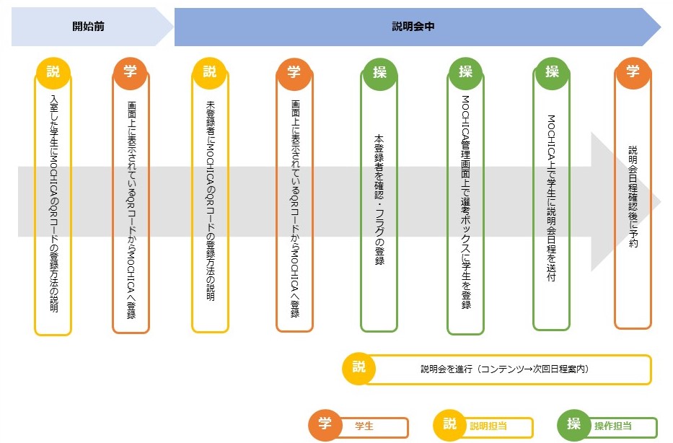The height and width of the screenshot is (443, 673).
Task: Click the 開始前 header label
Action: (x=89, y=27)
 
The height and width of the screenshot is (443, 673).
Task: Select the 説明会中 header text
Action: (x=413, y=27)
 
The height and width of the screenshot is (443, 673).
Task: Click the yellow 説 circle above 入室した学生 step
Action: (x=53, y=71)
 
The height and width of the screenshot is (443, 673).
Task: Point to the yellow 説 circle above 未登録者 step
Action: (x=209, y=71)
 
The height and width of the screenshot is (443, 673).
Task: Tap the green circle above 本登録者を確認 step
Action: (x=379, y=71)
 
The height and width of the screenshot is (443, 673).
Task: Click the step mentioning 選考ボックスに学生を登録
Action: (x=465, y=203)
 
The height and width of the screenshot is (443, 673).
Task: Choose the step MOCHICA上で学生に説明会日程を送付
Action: (x=551, y=198)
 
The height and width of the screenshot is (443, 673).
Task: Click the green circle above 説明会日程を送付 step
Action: (x=552, y=71)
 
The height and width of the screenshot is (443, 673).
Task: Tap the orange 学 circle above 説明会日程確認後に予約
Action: (x=633, y=71)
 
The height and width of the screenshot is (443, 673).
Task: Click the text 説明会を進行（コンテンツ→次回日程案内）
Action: (x=505, y=369)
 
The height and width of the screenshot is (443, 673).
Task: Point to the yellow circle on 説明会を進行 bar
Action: (x=359, y=367)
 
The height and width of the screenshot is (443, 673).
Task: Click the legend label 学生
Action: (x=364, y=426)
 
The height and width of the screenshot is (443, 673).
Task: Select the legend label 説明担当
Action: (x=488, y=426)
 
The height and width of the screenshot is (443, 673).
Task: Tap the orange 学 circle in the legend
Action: (x=325, y=424)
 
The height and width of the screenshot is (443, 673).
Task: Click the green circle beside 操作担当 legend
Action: (x=574, y=424)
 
